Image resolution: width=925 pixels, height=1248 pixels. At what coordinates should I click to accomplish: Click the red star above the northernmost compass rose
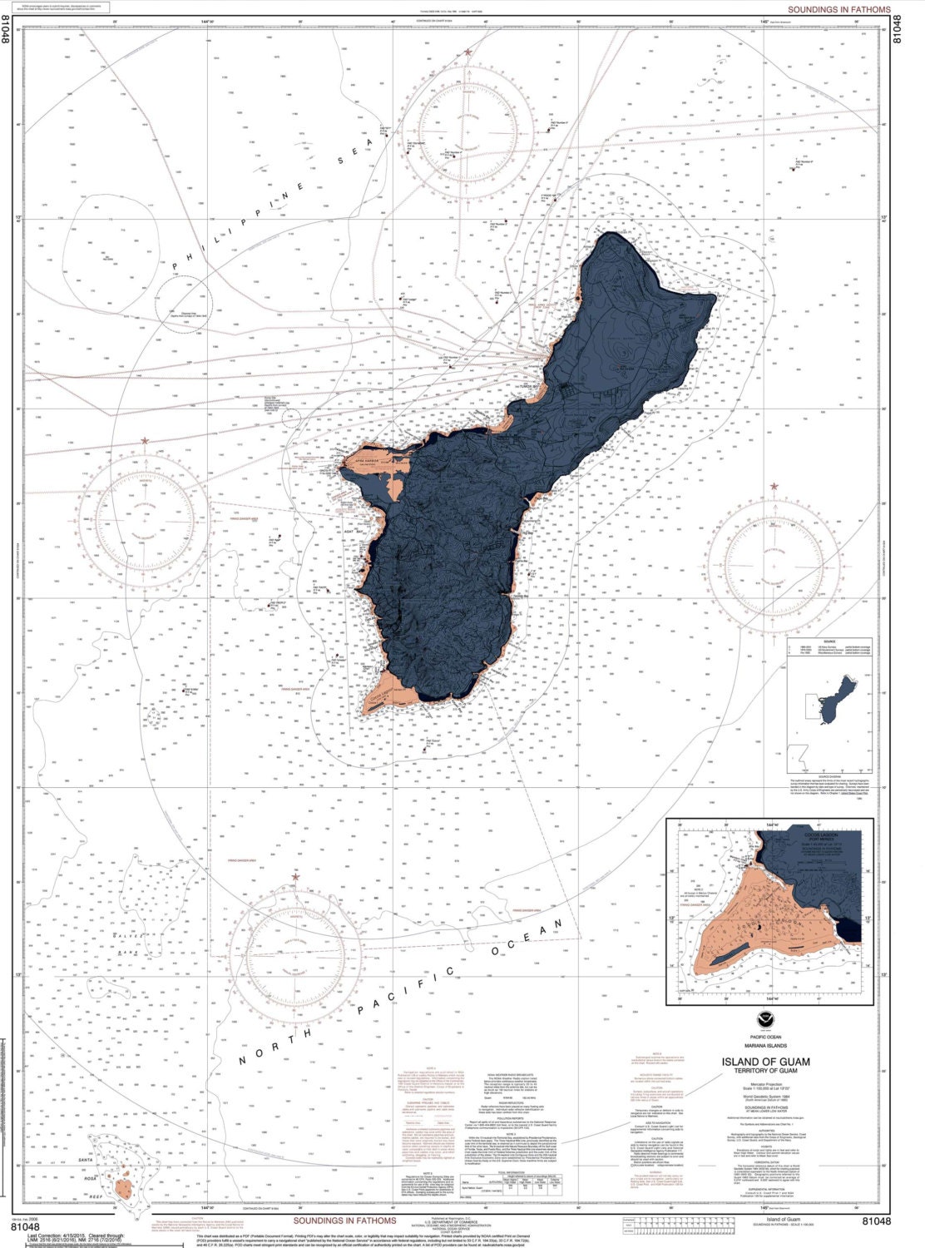click(468, 52)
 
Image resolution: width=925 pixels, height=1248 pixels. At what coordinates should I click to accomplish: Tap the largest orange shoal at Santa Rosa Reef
click(123, 1187)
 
